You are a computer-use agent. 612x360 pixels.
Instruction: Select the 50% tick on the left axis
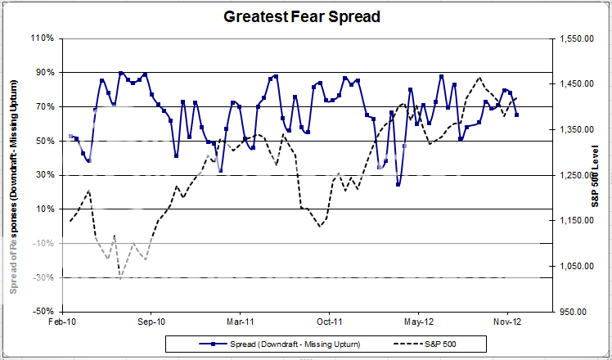pyautogui.click(x=45, y=141)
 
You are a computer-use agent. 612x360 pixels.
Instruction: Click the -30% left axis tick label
pyautogui.click(x=43, y=277)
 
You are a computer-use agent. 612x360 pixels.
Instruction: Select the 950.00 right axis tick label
pyautogui.click(x=580, y=312)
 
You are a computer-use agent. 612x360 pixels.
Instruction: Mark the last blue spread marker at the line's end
pyautogui.click(x=516, y=115)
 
